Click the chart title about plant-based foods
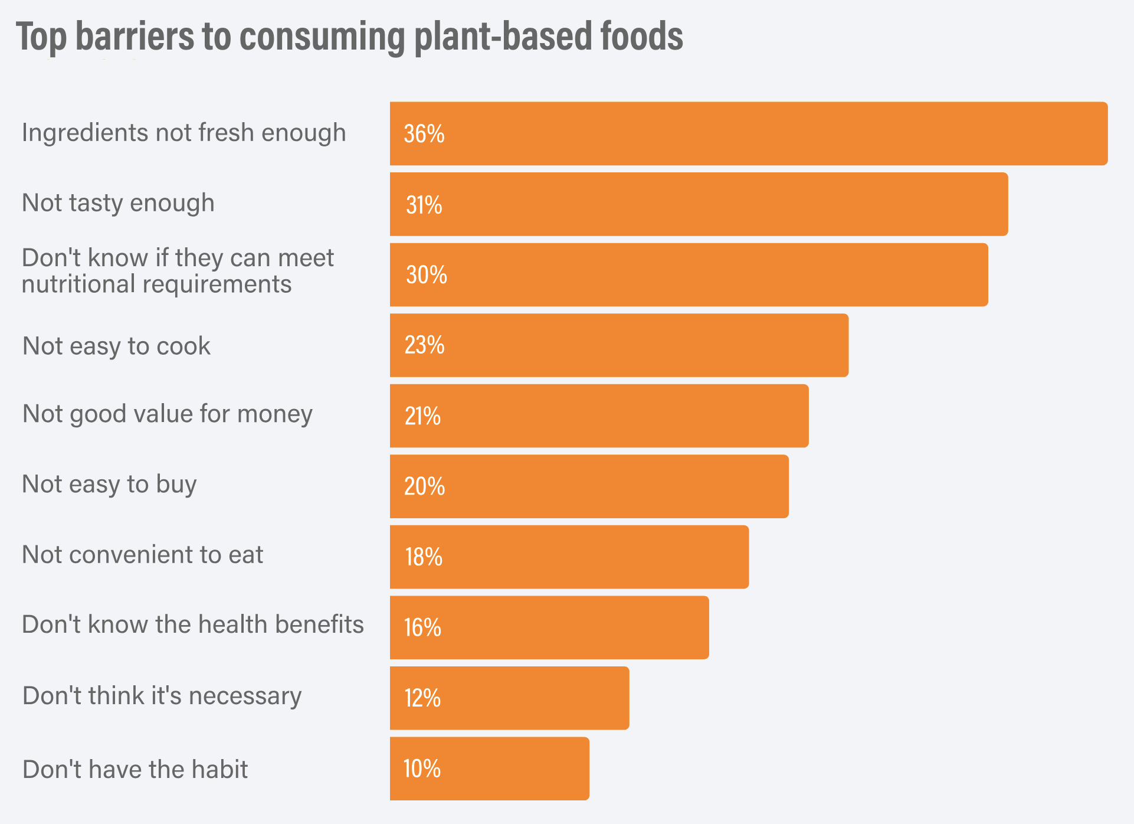(x=349, y=37)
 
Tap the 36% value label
(x=424, y=134)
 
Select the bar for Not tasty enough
(x=699, y=204)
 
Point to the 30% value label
(x=426, y=275)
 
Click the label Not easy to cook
(x=116, y=346)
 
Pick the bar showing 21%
(x=599, y=416)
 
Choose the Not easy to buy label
(x=109, y=484)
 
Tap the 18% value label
(x=424, y=557)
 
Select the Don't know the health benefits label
(x=193, y=624)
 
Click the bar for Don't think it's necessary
(x=509, y=698)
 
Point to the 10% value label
(x=422, y=769)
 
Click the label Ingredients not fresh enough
(x=183, y=133)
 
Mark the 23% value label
(x=424, y=345)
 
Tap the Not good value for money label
(x=167, y=414)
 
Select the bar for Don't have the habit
(x=489, y=769)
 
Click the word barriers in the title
(x=135, y=37)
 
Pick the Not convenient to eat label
(x=142, y=555)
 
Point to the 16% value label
(x=422, y=627)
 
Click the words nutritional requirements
(x=156, y=285)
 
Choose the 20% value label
(x=424, y=486)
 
